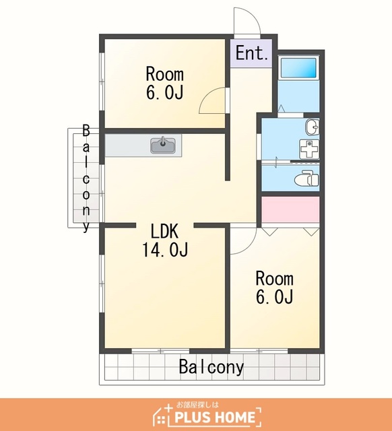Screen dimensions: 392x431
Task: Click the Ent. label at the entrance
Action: click(252, 53)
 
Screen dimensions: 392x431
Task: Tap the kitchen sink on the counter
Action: click(163, 145)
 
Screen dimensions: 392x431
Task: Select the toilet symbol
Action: click(306, 178)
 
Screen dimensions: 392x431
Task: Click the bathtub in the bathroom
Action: click(298, 67)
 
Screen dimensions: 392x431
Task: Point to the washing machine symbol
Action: click(309, 149)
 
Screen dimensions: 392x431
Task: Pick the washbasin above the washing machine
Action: click(312, 127)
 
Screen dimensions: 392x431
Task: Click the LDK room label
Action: click(164, 231)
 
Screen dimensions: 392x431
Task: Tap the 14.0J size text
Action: click(164, 250)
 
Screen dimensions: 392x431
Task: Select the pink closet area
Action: click(290, 209)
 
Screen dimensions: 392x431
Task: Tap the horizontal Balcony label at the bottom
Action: click(211, 367)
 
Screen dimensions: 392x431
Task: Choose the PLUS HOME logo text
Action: click(215, 418)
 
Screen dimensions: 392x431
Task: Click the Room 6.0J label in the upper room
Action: click(164, 83)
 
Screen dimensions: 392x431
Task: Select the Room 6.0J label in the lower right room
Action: click(275, 287)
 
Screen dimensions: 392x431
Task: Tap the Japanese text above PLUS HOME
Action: click(197, 405)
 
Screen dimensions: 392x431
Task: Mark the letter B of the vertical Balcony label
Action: click(86, 131)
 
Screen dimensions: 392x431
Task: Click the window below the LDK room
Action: click(160, 351)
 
